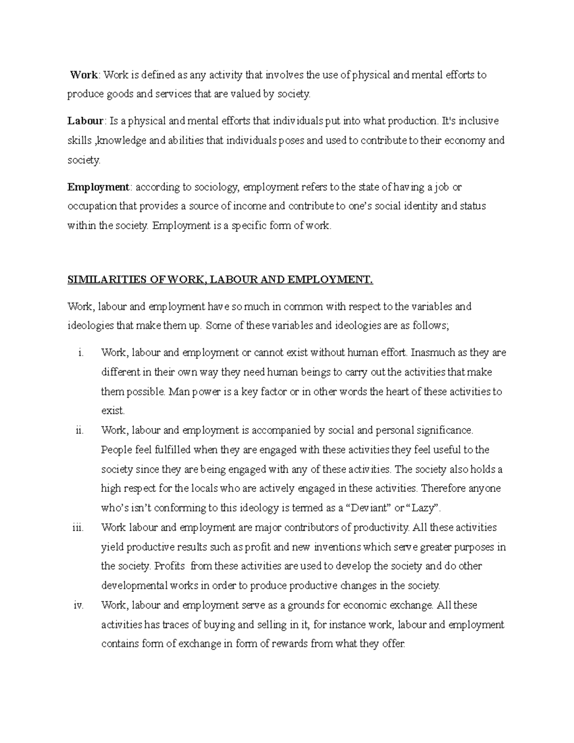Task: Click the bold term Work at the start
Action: (84, 75)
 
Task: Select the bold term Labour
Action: (85, 121)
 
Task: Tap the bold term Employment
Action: (98, 187)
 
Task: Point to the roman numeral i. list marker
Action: (80, 353)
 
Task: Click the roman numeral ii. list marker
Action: (79, 431)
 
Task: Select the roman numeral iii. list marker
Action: (78, 528)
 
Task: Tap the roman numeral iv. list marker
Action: (78, 605)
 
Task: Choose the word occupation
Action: (92, 207)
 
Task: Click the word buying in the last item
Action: (219, 625)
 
